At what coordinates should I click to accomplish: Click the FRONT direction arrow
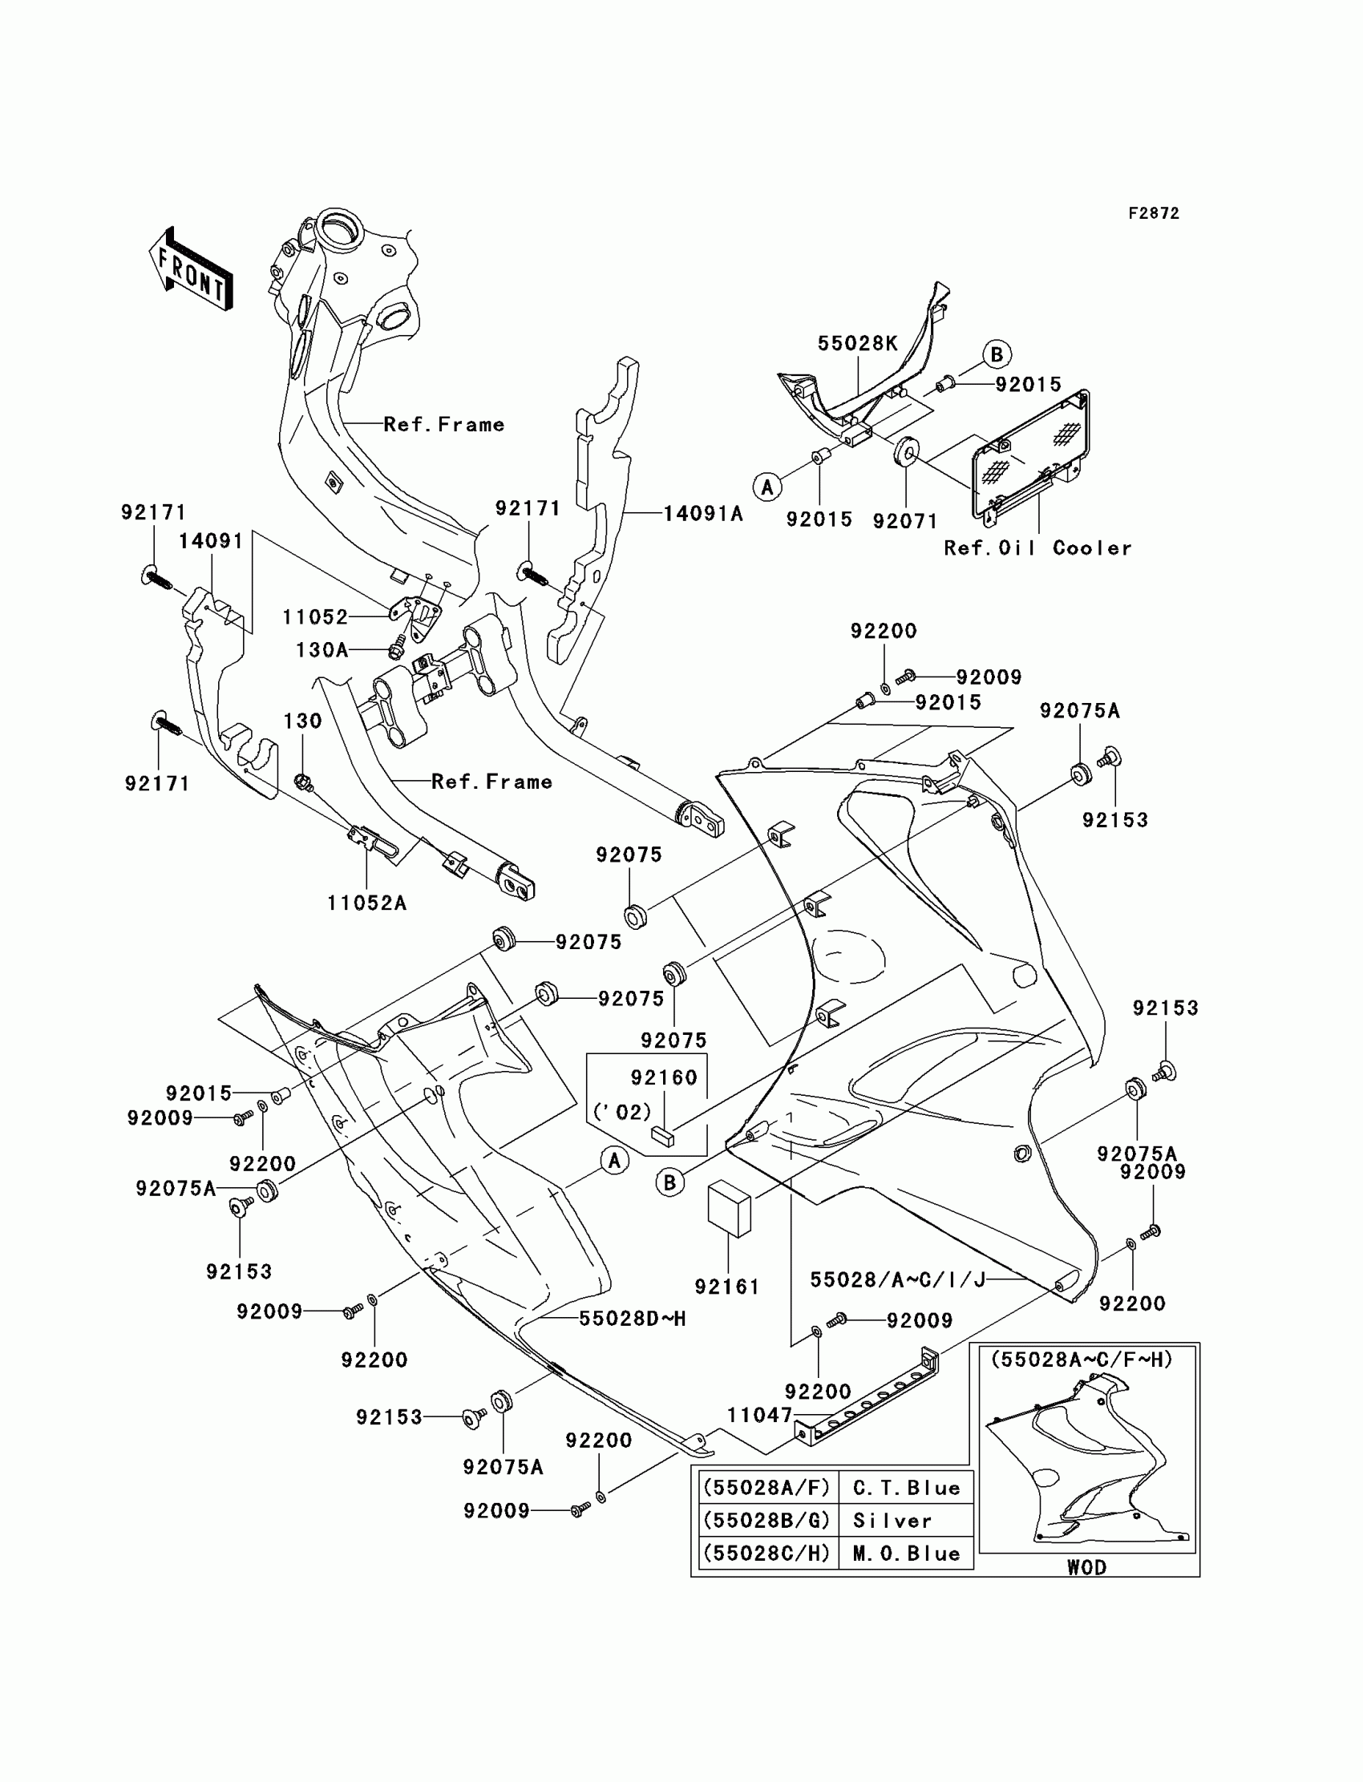192,269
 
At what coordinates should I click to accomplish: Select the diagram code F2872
1153,213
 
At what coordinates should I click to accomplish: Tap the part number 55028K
857,344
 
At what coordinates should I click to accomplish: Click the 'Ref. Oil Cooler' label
1037,548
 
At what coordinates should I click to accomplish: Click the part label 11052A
366,903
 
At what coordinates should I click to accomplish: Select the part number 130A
322,649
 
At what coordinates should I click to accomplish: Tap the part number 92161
727,1287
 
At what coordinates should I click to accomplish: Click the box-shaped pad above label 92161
730,1209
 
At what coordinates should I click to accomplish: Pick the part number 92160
664,1078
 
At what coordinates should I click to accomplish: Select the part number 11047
758,1416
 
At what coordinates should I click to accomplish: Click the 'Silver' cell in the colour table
892,1521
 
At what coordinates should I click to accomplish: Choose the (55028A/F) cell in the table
766,1489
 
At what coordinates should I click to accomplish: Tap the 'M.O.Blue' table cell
906,1554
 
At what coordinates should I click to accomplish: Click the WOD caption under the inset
1086,1567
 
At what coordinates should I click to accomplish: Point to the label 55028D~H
632,1319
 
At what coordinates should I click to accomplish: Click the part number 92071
904,521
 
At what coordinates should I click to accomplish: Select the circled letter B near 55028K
997,354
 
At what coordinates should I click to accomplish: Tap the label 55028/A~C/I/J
897,1280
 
